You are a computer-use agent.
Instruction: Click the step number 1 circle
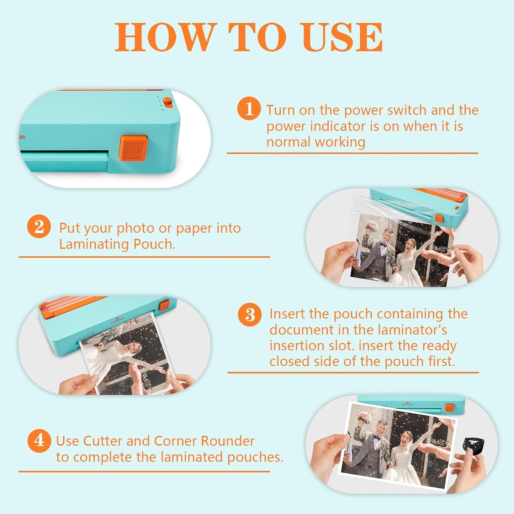[x=249, y=108]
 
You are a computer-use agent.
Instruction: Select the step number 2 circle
[x=39, y=226]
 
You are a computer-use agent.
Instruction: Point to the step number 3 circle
[x=250, y=314]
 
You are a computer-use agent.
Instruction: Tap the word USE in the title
[x=342, y=37]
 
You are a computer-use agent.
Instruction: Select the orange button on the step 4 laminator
[x=449, y=408]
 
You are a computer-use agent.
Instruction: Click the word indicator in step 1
[x=338, y=126]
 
